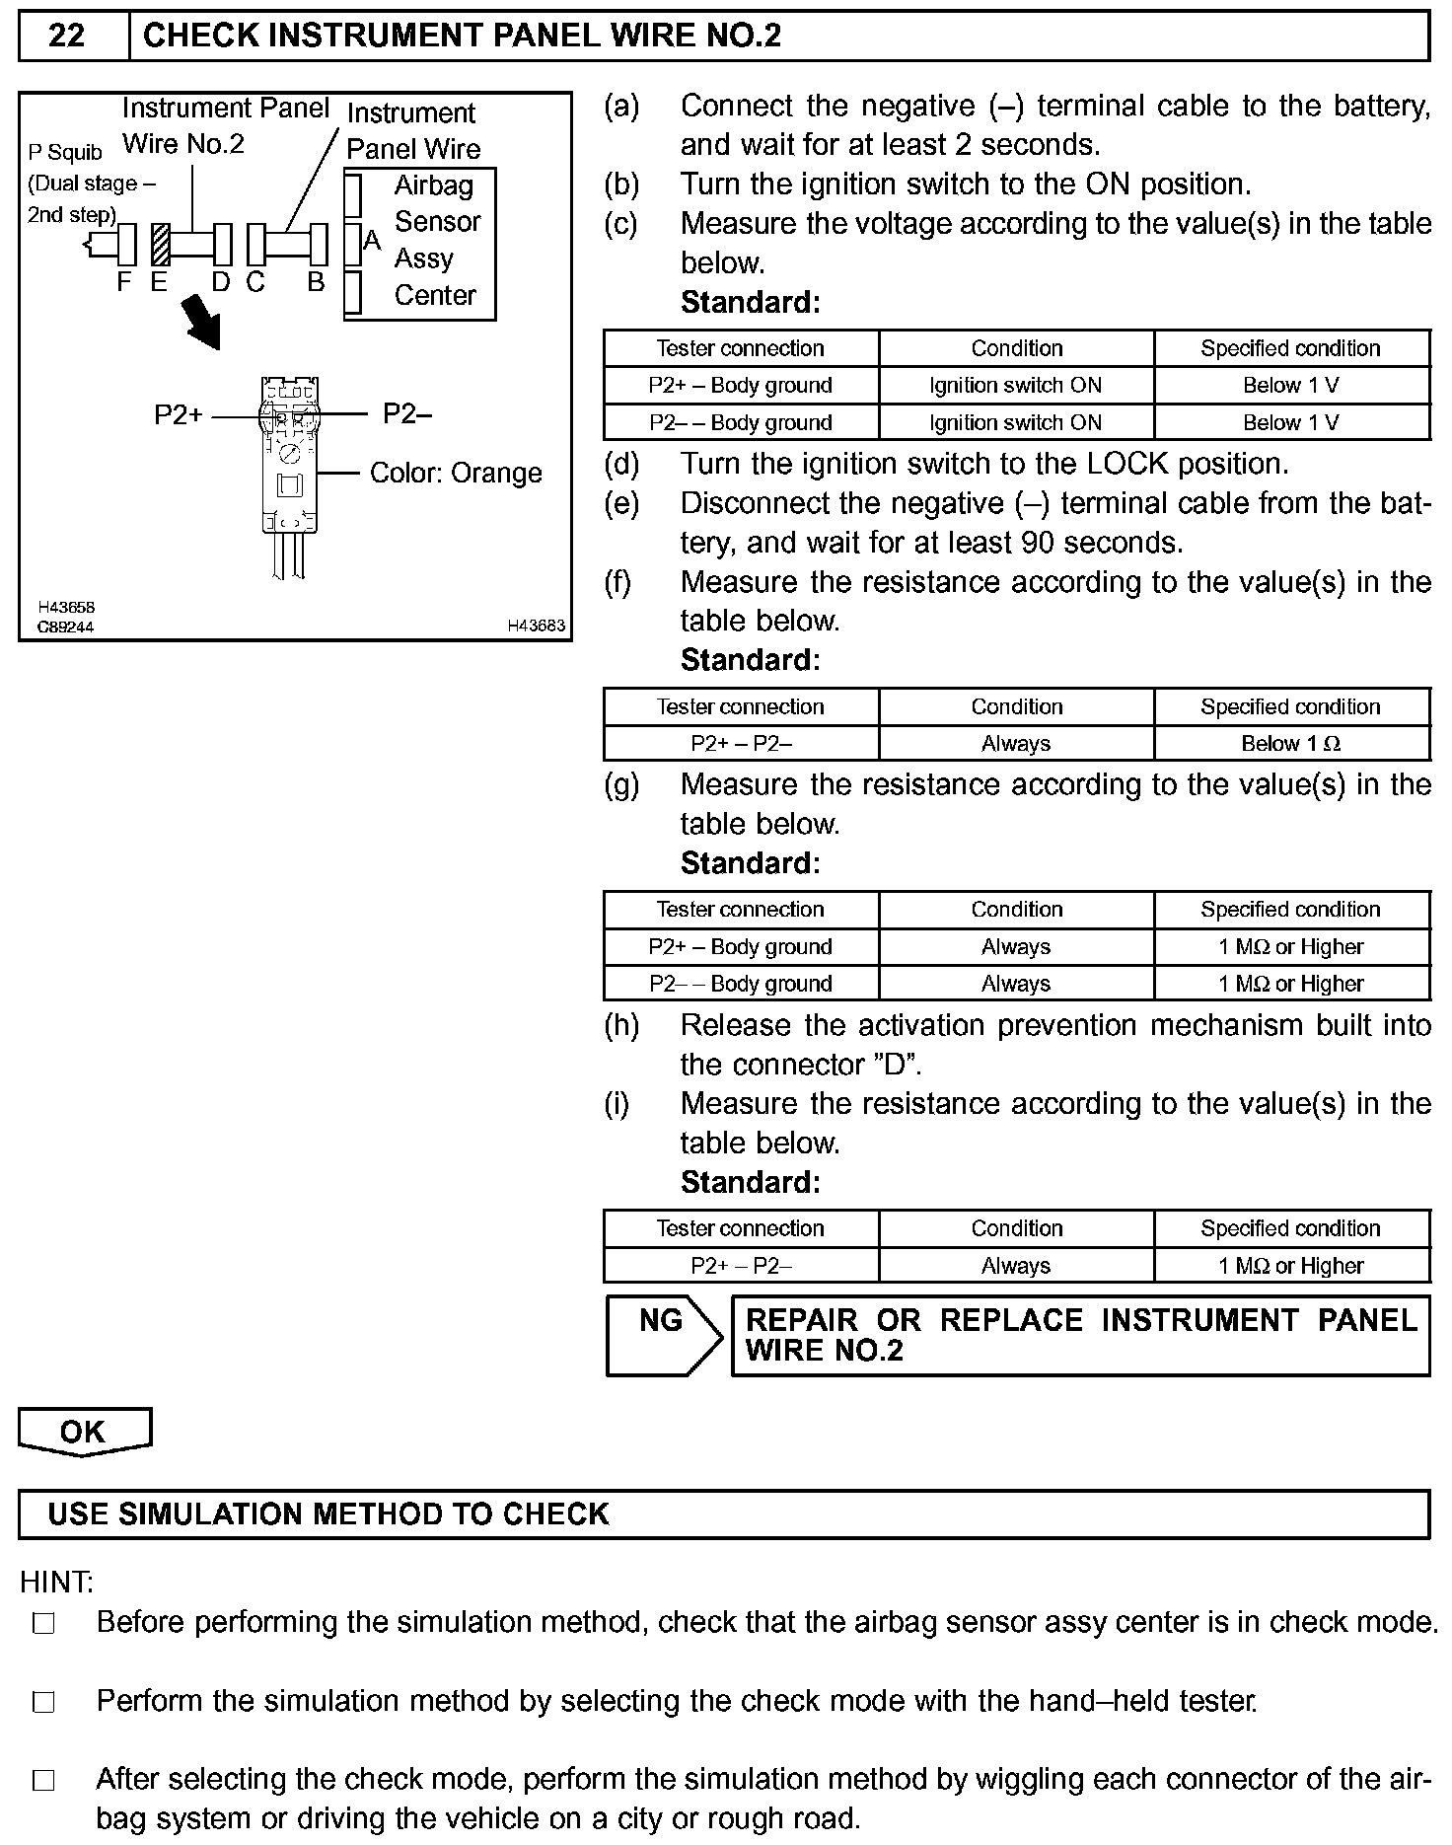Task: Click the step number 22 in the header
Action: [x=66, y=37]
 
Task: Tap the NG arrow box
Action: [x=663, y=1334]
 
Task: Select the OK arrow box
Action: [x=84, y=1432]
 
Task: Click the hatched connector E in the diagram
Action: [x=160, y=246]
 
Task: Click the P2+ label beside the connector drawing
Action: [x=178, y=415]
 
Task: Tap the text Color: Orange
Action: [x=456, y=473]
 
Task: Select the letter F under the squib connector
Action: [x=123, y=282]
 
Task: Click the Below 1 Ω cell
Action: [x=1290, y=744]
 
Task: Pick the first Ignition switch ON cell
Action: [x=1015, y=386]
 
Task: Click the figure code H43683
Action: [x=536, y=626]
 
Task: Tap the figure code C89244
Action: [x=65, y=627]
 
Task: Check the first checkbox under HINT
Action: [x=43, y=1623]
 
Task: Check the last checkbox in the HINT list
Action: [x=43, y=1781]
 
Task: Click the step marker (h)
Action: [x=621, y=1026]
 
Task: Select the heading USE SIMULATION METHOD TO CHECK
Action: [x=328, y=1514]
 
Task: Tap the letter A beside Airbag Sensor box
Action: [x=372, y=240]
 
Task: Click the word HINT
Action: [x=56, y=1583]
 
